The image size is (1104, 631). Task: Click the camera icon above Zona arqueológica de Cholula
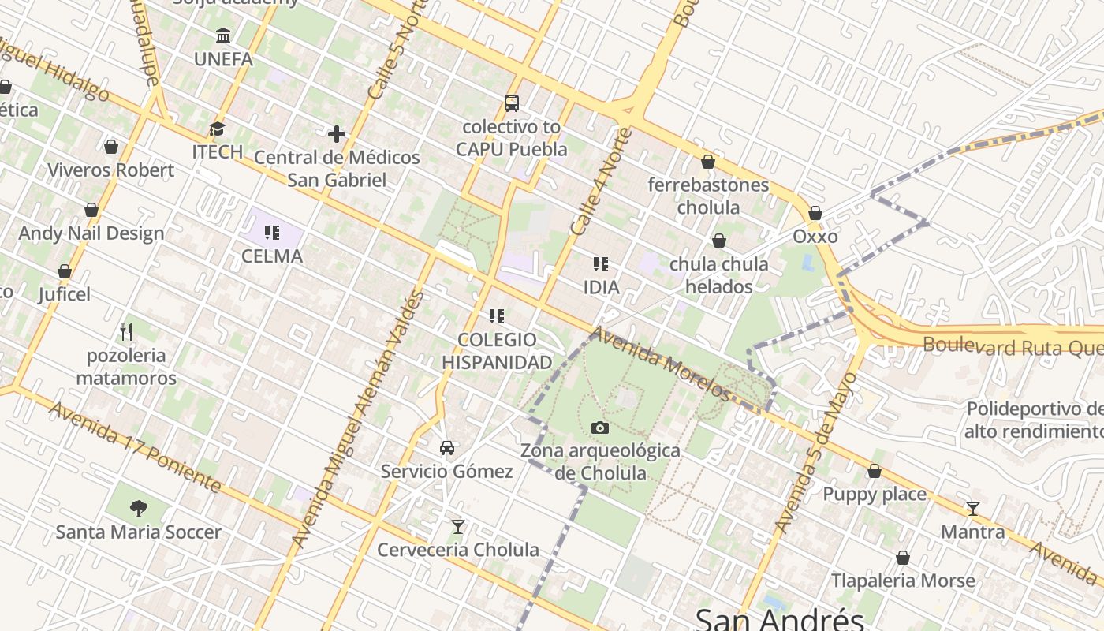tap(600, 428)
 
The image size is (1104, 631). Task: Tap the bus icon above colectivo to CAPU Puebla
tap(512, 103)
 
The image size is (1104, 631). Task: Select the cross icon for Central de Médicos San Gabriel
tap(337, 134)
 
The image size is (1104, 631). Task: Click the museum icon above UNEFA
tap(223, 36)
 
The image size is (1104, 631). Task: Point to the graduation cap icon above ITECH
tap(217, 129)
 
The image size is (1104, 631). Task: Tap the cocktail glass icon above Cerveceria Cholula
tap(458, 526)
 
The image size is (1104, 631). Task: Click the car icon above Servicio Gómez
tap(447, 448)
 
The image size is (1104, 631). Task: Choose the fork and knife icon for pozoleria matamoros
tap(126, 331)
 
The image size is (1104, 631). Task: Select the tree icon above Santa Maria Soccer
tap(139, 508)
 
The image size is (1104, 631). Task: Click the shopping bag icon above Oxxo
tap(815, 213)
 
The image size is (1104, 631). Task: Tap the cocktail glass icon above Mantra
tap(973, 508)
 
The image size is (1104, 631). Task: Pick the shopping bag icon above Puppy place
tap(875, 471)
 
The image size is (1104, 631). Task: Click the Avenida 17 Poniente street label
tap(134, 446)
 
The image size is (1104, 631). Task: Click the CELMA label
tap(272, 256)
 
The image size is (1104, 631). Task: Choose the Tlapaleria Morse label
tap(903, 581)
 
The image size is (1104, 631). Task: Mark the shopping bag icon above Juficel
tap(65, 271)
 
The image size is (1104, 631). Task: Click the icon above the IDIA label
tap(601, 264)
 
